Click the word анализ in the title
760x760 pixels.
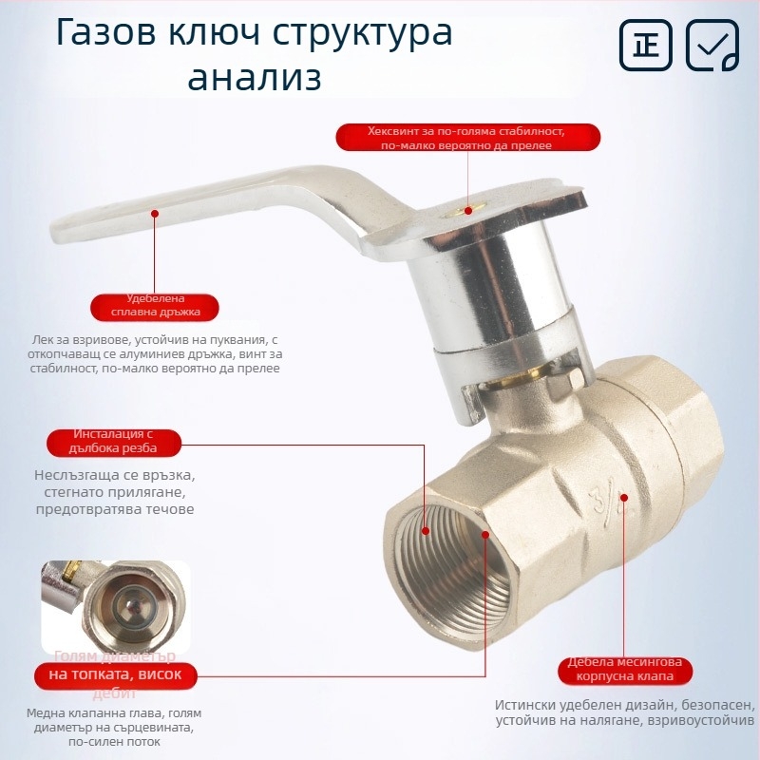click(x=254, y=77)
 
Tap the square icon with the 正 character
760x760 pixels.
click(x=646, y=45)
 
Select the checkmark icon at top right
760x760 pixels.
click(x=712, y=45)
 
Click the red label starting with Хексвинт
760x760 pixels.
click(x=467, y=138)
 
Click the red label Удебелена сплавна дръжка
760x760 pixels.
click(x=154, y=307)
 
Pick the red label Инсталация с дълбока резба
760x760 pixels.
click(x=114, y=441)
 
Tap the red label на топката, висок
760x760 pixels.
click(x=115, y=674)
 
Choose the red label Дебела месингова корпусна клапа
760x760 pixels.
click(x=624, y=670)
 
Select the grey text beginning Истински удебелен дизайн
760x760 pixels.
click(x=624, y=713)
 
